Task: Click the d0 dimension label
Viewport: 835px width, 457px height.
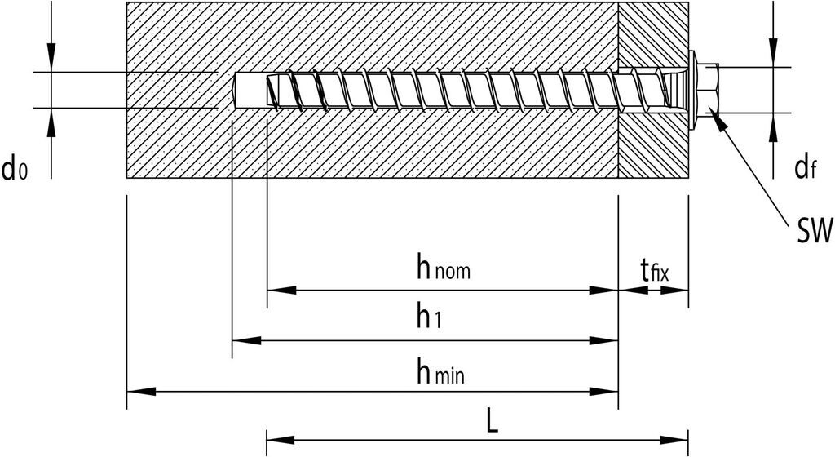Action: pos(15,170)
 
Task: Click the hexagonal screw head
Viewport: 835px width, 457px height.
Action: pos(708,89)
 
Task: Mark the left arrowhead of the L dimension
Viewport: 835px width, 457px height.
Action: pos(281,441)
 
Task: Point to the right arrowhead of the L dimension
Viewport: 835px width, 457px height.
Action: pos(676,441)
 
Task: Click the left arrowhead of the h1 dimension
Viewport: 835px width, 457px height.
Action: pos(245,341)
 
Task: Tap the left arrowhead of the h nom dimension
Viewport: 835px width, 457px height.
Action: pos(281,290)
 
